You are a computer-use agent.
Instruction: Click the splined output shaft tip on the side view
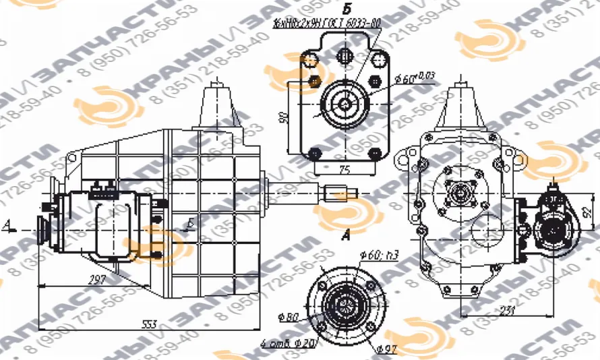point(335,196)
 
